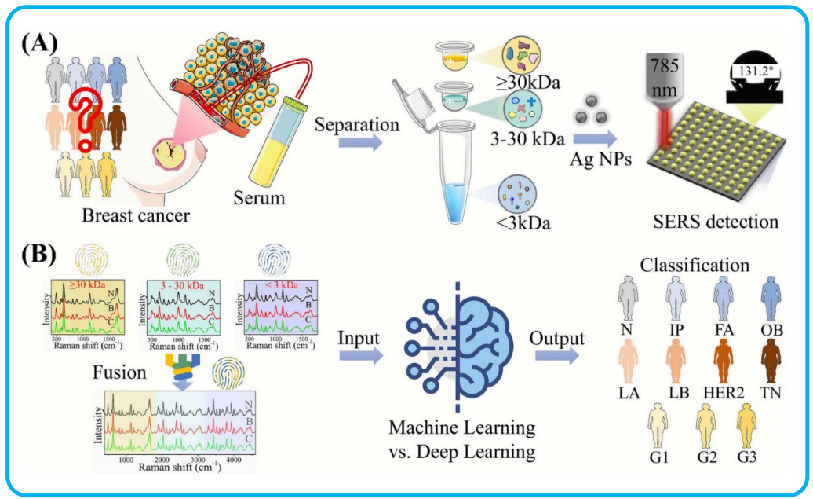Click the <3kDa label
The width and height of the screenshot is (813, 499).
click(x=523, y=223)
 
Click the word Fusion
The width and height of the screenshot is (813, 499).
click(x=120, y=373)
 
